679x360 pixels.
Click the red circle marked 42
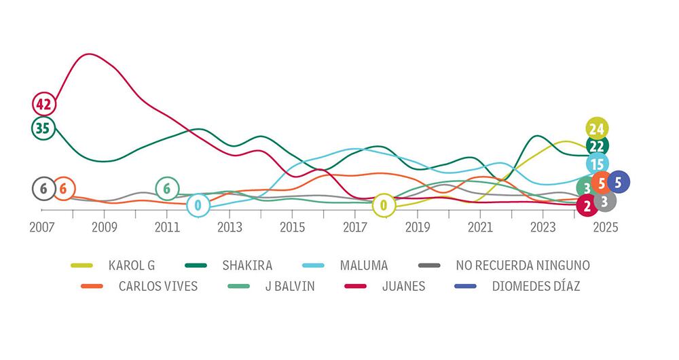point(43,105)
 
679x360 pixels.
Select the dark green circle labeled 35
point(43,128)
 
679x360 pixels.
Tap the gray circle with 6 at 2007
point(43,189)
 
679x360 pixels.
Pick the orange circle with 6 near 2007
point(62,189)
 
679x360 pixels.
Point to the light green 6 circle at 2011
point(167,189)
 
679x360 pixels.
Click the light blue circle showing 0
point(198,204)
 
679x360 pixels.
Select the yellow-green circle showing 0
point(384,204)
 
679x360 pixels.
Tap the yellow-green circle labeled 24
point(598,128)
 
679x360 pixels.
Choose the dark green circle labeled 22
point(598,145)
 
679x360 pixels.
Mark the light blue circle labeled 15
point(598,164)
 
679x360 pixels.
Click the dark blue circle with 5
point(618,182)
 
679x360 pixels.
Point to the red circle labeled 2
point(587,204)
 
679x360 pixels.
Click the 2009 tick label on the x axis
point(104,226)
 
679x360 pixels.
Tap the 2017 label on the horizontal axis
point(355,226)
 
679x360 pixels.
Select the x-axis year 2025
point(604,226)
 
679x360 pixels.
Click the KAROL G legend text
point(132,265)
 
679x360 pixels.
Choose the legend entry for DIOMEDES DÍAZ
point(536,286)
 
